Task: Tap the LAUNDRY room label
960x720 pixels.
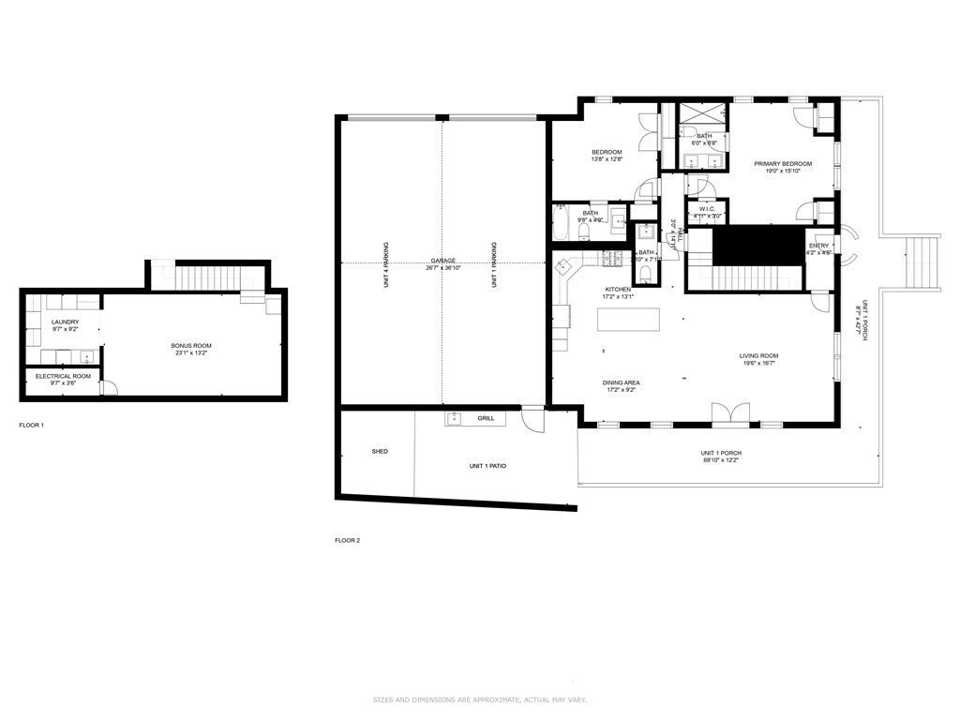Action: click(x=65, y=322)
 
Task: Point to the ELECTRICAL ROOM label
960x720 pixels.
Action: click(x=64, y=376)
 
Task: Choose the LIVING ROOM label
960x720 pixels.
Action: click(x=758, y=356)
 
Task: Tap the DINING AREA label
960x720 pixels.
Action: click(x=622, y=382)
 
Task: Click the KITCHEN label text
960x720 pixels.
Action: click(x=618, y=290)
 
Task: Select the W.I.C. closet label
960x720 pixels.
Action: click(x=708, y=209)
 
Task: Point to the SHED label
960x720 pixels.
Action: click(x=380, y=452)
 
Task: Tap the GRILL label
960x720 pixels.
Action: click(x=486, y=418)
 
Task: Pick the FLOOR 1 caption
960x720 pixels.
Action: click(x=31, y=426)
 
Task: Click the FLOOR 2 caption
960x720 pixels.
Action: click(x=347, y=541)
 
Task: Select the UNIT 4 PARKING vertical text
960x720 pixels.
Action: click(x=386, y=264)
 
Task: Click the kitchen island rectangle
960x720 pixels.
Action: click(x=628, y=320)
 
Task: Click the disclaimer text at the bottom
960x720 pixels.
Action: click(x=479, y=699)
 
